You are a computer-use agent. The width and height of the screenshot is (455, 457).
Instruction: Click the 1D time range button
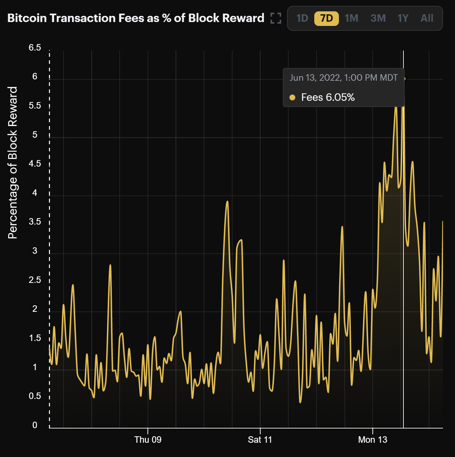tap(302, 18)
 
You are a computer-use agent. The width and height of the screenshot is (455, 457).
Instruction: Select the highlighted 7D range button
tap(326, 18)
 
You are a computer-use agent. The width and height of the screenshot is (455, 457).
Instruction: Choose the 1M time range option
tap(352, 18)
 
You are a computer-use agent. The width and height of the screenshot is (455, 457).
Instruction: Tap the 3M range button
tap(378, 18)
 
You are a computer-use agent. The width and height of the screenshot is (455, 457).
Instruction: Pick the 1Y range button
tap(403, 18)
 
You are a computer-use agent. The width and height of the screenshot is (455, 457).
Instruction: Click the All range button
tap(427, 18)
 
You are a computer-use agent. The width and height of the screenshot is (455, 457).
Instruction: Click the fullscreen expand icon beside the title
tap(276, 18)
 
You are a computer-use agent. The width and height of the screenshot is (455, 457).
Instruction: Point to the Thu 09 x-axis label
tap(148, 440)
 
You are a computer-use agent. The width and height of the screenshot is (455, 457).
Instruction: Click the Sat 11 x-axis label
tap(260, 440)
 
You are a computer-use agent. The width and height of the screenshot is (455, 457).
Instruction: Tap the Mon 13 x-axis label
tap(373, 440)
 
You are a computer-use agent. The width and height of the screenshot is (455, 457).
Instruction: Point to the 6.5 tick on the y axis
tap(35, 48)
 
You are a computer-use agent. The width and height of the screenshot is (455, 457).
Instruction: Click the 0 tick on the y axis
tap(35, 425)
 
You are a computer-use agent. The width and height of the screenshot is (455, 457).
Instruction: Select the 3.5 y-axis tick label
tap(35, 222)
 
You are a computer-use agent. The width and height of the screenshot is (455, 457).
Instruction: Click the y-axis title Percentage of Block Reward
tap(13, 163)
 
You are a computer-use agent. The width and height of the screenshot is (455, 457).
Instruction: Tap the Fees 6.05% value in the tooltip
tap(328, 97)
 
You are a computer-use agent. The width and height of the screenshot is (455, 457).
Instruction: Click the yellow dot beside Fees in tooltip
tap(292, 97)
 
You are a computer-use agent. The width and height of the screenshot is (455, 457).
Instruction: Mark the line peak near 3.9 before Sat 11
tap(227, 202)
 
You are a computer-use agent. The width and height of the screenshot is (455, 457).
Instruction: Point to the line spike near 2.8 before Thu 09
tap(110, 265)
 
